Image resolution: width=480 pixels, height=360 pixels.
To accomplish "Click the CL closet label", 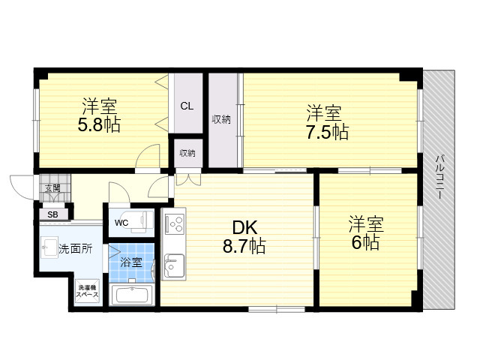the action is pos(187,106).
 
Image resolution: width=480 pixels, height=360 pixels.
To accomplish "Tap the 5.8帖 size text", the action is pos(99,124).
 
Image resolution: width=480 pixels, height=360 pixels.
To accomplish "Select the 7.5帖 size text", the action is pos(327,132).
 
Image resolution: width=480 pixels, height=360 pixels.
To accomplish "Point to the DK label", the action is pos(244,227).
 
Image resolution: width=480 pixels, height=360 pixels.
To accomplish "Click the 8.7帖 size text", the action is pos(244,245).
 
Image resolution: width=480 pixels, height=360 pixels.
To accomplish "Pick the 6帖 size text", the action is pos(365,242).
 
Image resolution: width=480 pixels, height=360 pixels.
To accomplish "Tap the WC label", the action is pos(121,223).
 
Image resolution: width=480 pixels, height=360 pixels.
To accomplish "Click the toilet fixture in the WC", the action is pos(142,220).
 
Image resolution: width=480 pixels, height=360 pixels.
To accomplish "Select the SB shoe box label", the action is pos(52,215).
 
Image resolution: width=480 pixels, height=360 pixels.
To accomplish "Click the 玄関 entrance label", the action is pos(52,188).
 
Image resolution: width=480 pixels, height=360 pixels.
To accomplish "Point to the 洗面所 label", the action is pos(75,249).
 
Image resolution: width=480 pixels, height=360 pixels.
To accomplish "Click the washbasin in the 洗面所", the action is pos(49,247).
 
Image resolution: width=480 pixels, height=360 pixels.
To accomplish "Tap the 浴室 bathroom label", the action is pos(131,262).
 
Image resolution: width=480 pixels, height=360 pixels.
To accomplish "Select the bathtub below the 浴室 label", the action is pos(132,295).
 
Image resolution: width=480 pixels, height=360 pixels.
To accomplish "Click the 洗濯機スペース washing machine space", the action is pos(88,292).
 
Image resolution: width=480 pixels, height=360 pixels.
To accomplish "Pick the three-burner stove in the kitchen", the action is pos(175,224).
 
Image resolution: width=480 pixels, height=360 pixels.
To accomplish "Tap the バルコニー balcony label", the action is pos(439,178).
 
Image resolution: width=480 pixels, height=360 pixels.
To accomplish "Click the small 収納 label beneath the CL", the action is pos(187,153).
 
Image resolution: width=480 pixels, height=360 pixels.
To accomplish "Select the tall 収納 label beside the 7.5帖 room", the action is pos(221,119).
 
